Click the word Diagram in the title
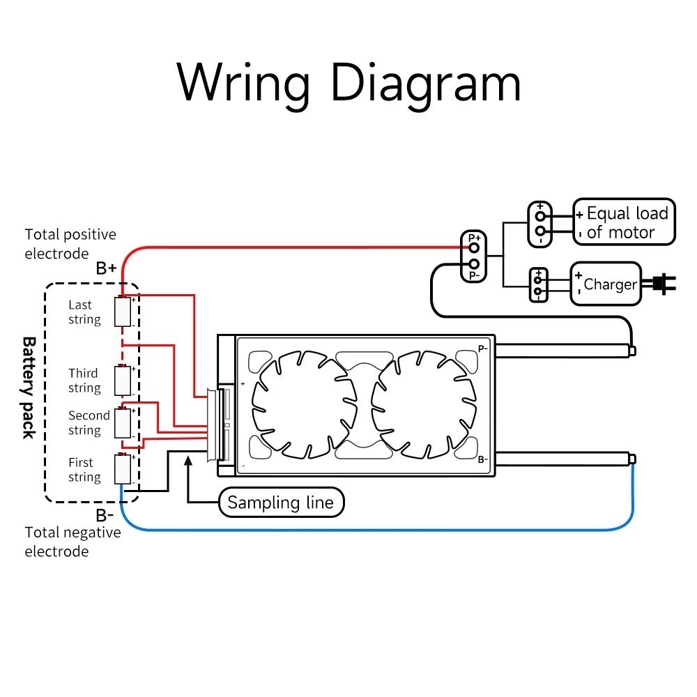click(x=425, y=84)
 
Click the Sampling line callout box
click(x=282, y=503)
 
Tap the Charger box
click(x=606, y=284)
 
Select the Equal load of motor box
click(x=624, y=222)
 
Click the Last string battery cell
click(x=123, y=312)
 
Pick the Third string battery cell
click(x=123, y=380)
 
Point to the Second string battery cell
click(x=123, y=423)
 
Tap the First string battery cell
click(x=123, y=468)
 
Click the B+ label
click(x=106, y=268)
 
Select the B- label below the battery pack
click(x=105, y=515)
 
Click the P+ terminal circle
click(x=474, y=247)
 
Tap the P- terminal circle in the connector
click(x=474, y=264)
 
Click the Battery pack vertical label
click(x=29, y=388)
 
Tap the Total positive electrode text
click(x=70, y=243)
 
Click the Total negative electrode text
click(x=72, y=542)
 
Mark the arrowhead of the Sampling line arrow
click(x=188, y=461)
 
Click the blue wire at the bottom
click(x=377, y=530)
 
